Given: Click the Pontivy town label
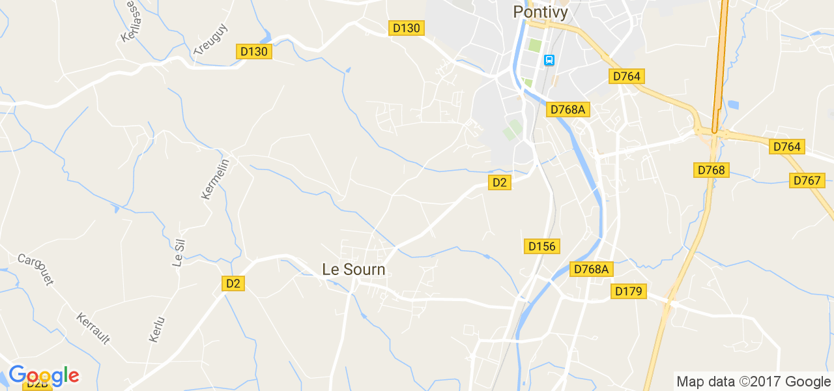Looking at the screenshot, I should tap(540, 12).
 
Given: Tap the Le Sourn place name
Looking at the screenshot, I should tap(354, 269).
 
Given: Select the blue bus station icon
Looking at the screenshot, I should tap(549, 61).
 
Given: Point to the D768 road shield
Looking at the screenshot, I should tap(711, 171).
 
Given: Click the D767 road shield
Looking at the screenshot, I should tap(807, 180).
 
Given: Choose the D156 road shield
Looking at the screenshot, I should tap(541, 246).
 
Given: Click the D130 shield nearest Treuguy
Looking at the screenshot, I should tap(253, 51).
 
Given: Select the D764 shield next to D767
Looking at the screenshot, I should tap(786, 147).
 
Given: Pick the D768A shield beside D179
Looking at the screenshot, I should tap(592, 269).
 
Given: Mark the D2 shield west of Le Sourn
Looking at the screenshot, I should tap(233, 283).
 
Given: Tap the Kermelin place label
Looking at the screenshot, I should tap(216, 179).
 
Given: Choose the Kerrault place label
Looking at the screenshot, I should tap(93, 328).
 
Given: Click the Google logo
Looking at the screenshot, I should tap(44, 376).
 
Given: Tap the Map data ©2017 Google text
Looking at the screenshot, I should tap(753, 381).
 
